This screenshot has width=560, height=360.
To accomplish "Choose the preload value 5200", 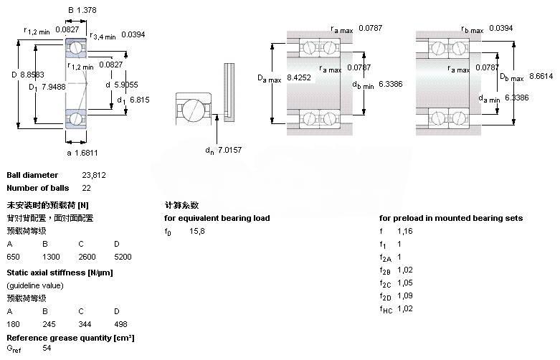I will click(122, 256).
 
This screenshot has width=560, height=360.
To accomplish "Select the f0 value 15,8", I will click(197, 231).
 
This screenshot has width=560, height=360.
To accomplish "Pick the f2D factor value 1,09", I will click(404, 295).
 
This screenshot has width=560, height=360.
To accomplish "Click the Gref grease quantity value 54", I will click(47, 348).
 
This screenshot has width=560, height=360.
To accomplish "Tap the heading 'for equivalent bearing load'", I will click(217, 218).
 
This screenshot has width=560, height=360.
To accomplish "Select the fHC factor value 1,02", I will click(404, 308).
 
